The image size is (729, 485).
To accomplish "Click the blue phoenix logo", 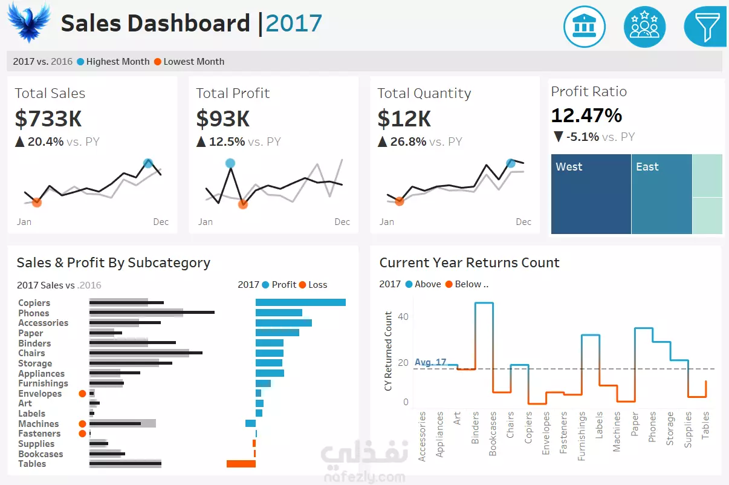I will click(x=29, y=22).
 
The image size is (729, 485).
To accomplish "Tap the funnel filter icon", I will click(x=705, y=27).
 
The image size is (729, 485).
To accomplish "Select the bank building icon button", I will click(x=584, y=27).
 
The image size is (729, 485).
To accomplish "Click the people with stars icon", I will click(x=644, y=27).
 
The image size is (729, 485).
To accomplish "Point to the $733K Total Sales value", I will click(x=48, y=119).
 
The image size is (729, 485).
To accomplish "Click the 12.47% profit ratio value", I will click(x=586, y=115).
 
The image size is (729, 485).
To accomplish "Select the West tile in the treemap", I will click(x=591, y=194).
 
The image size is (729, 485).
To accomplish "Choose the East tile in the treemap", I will click(x=661, y=194).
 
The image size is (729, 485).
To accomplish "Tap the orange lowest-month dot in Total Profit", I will click(x=243, y=204).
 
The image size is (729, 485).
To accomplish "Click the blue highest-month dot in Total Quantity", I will click(x=511, y=163).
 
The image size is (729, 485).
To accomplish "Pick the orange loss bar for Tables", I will click(x=241, y=464).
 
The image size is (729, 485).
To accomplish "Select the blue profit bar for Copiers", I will click(x=300, y=302).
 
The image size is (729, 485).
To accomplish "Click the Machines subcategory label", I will click(x=38, y=424).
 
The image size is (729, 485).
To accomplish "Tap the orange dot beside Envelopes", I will click(x=82, y=394).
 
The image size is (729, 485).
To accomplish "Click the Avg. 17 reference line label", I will click(x=430, y=362).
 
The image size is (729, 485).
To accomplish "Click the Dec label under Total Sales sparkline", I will click(x=161, y=222).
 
